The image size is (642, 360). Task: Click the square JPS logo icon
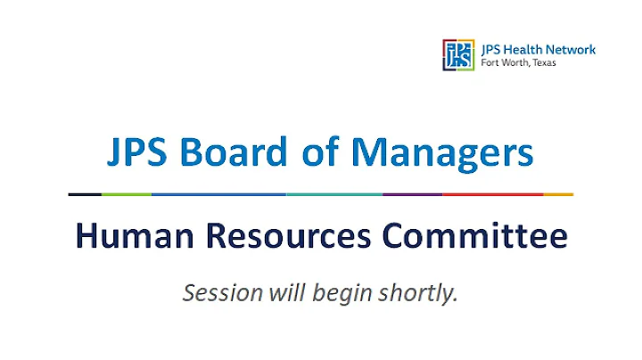pos(457,54)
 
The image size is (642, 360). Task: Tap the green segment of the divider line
pos(127,194)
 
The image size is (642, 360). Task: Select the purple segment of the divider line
pos(412,194)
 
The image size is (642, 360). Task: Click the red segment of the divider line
pos(492,194)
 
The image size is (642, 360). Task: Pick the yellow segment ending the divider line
pos(558,194)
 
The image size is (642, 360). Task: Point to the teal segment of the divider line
pos(334,194)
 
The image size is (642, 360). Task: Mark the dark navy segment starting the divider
pos(85,194)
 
